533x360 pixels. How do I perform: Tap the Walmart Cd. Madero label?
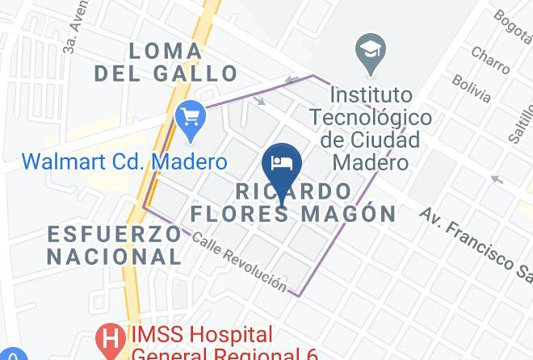[124, 161]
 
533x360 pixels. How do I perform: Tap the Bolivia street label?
[471, 89]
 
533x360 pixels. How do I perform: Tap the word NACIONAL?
[114, 257]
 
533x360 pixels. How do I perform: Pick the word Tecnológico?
[372, 118]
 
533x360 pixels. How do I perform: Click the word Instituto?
[372, 95]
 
